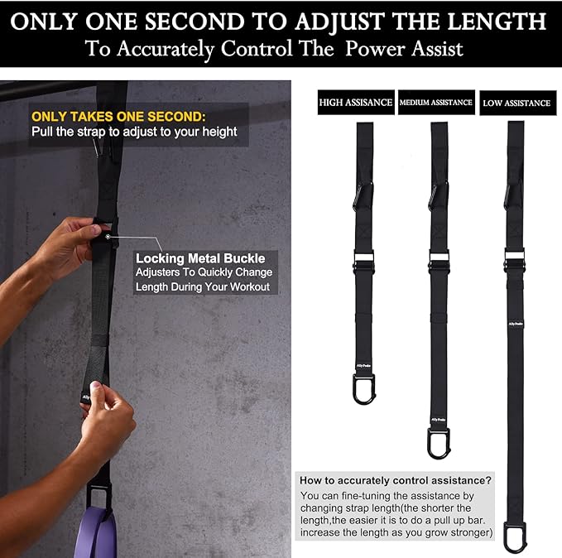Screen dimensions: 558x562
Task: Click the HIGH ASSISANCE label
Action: point(355,103)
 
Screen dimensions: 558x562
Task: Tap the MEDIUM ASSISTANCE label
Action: point(436,103)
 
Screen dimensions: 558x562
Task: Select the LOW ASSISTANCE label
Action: point(516,103)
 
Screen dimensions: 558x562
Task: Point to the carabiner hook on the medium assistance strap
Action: point(438,441)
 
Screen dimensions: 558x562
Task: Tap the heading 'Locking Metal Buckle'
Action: point(200,258)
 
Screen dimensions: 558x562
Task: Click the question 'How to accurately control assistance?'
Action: point(396,480)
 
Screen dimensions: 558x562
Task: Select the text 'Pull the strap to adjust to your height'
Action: point(134,132)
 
